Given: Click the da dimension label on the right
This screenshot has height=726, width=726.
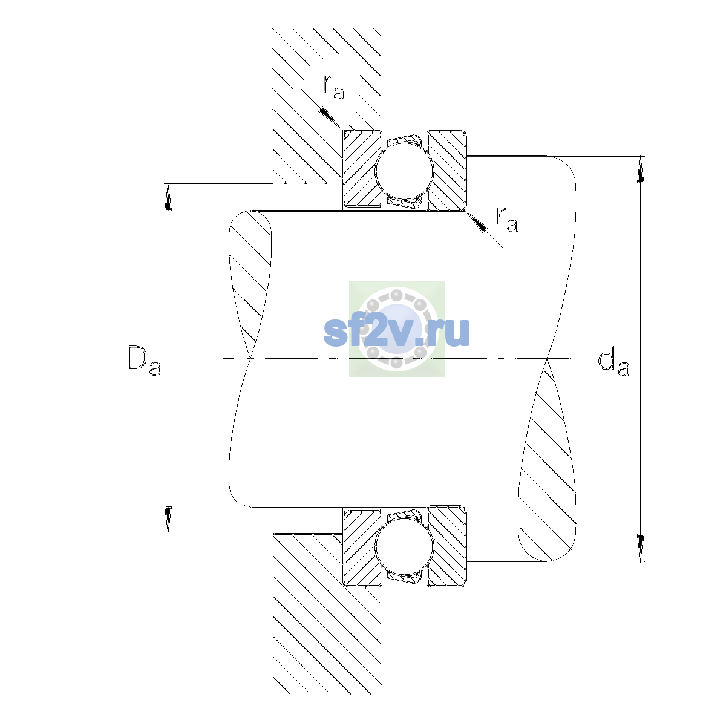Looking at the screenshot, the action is [x=613, y=364].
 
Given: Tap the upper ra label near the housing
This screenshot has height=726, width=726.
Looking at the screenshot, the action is [x=333, y=87].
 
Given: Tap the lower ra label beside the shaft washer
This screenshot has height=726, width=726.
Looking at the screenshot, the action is [x=507, y=219].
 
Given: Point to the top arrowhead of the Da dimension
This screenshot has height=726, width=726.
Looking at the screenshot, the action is [x=168, y=197].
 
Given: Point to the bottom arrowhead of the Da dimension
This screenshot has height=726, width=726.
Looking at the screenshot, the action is [x=168, y=520].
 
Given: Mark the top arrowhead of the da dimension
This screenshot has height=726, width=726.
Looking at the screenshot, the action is [x=641, y=169].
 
